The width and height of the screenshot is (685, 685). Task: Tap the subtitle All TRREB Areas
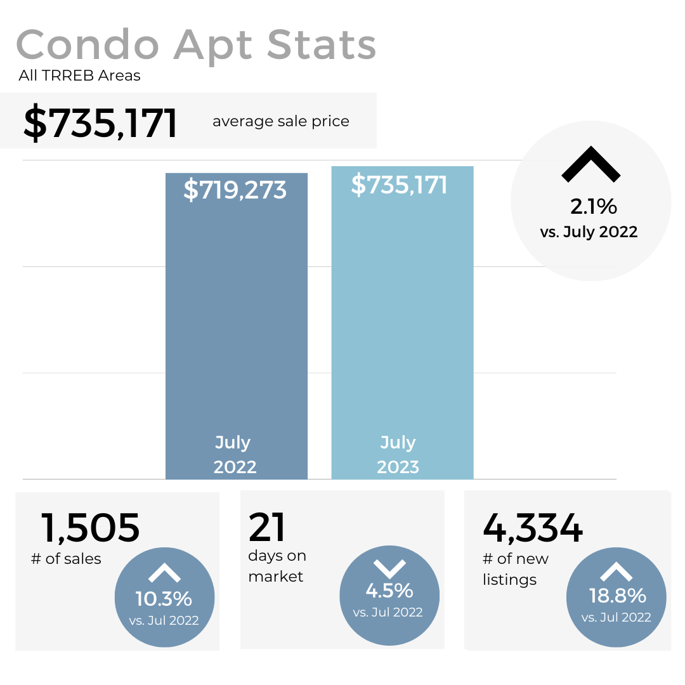click(x=79, y=76)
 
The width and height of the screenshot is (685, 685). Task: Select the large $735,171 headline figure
click(x=100, y=123)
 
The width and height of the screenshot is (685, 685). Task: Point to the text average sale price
click(x=280, y=121)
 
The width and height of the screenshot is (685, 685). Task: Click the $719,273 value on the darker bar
click(x=235, y=190)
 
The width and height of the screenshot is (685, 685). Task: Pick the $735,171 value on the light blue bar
click(x=400, y=185)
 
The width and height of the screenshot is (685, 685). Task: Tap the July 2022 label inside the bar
click(x=235, y=455)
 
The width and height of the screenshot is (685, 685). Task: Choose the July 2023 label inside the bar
click(x=398, y=455)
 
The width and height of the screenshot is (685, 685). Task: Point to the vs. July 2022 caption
click(x=589, y=232)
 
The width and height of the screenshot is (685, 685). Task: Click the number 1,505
click(x=90, y=528)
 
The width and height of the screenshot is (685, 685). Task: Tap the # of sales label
click(x=66, y=559)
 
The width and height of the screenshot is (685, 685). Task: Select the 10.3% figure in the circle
click(x=164, y=598)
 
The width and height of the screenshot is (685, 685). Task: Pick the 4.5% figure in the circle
click(x=389, y=590)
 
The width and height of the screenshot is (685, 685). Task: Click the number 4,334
click(x=532, y=528)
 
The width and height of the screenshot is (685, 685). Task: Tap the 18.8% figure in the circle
click(x=616, y=596)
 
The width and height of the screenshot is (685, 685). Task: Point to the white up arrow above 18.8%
click(x=616, y=572)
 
